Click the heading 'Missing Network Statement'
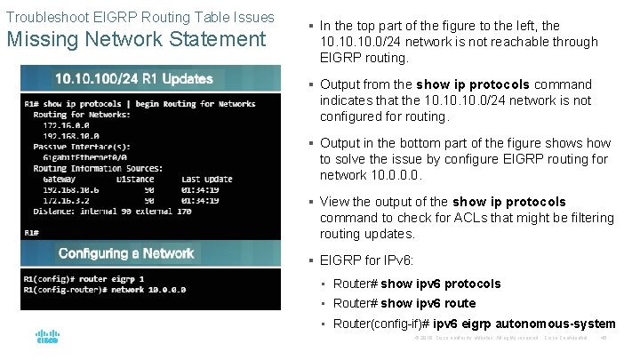tap(136, 39)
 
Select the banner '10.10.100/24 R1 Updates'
tap(134, 78)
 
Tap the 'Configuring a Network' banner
tap(126, 253)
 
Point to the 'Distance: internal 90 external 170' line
tap(100, 211)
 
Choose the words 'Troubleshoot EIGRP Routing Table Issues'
tap(140, 18)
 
